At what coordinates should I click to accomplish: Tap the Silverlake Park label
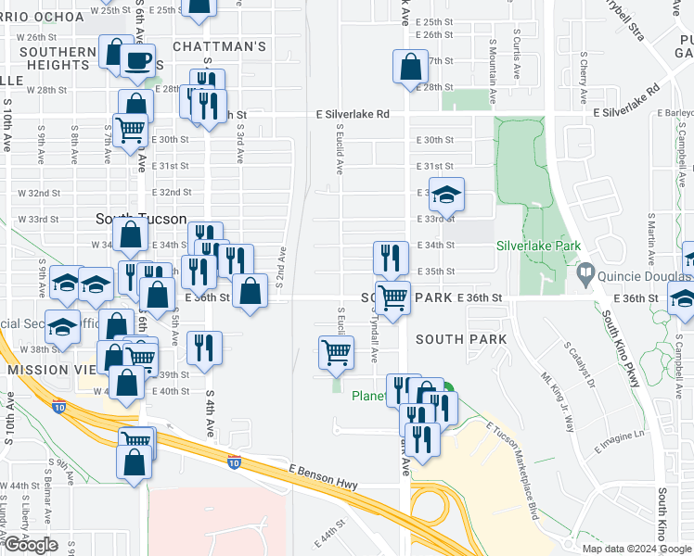tap(538, 246)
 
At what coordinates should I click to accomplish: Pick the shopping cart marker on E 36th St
tap(392, 297)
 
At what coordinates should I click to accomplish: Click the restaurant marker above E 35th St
tap(392, 257)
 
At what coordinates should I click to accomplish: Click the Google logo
tap(30, 545)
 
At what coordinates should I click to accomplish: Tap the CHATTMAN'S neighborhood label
tap(219, 46)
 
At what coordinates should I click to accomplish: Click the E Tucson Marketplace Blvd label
tap(512, 470)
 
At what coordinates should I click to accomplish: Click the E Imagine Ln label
tap(619, 441)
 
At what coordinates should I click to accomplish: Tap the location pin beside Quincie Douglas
tap(585, 275)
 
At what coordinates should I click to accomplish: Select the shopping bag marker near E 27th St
tap(410, 68)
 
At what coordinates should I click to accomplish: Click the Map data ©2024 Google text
tap(636, 549)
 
